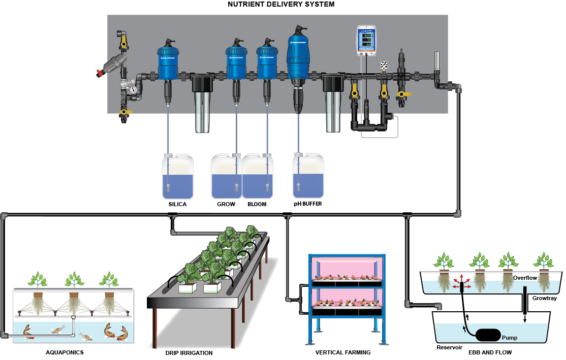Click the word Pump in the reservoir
click(510, 338)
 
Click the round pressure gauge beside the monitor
click(384, 65)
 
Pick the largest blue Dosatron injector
click(298, 53)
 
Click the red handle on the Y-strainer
click(100, 73)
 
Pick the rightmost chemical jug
click(308, 176)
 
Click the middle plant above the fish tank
click(75, 279)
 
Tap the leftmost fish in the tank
click(29, 333)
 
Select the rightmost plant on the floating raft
click(544, 261)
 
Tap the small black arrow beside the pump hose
click(464, 329)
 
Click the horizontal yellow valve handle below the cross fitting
click(404, 94)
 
